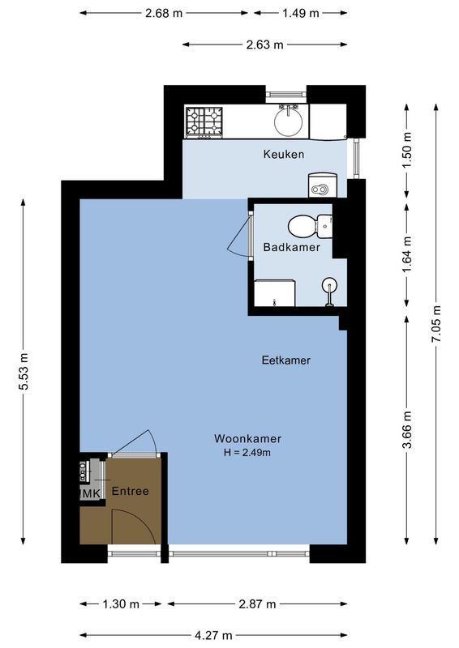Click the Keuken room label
[x=284, y=154]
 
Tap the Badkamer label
[x=291, y=247]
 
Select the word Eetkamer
[x=285, y=360]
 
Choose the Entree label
[x=130, y=491]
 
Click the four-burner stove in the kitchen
[x=204, y=122]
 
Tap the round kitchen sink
[x=289, y=122]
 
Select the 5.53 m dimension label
[x=24, y=373]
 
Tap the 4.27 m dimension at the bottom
[x=215, y=635]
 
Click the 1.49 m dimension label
[x=301, y=13]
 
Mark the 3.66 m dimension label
[x=408, y=429]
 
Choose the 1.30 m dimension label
[x=122, y=604]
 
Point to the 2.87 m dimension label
[x=259, y=604]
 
